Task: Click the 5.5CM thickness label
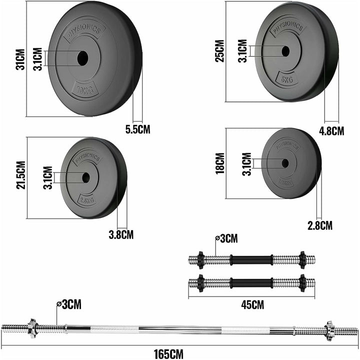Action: (137, 129)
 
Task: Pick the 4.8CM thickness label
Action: (331, 131)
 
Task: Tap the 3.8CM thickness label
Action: (121, 233)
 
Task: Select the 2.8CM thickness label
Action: (320, 225)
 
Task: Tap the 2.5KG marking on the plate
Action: (84, 201)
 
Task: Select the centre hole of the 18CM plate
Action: (285, 163)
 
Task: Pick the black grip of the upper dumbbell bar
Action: (251, 260)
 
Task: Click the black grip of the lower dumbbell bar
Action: (251, 282)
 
